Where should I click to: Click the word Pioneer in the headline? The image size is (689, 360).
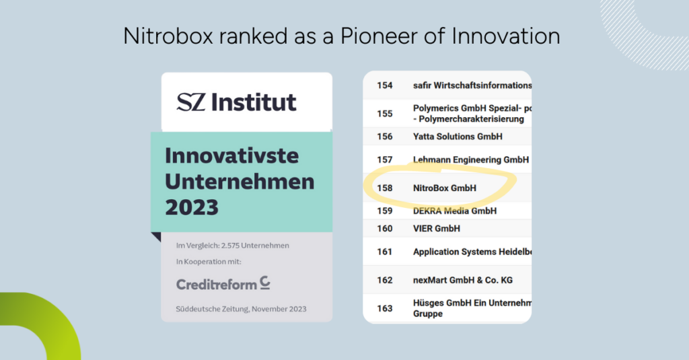[x=379, y=36]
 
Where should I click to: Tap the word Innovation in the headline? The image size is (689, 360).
[x=506, y=36]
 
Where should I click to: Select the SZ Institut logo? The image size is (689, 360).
[x=236, y=102]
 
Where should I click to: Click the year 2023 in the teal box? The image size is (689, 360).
[x=192, y=207]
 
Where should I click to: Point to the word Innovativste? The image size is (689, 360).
[x=232, y=155]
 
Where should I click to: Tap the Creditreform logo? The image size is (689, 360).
[x=223, y=283]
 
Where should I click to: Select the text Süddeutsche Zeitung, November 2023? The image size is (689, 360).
[x=242, y=309]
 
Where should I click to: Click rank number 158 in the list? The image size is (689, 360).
[x=384, y=188]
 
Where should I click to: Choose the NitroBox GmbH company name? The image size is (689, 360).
[x=445, y=188]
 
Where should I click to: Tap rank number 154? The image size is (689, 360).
[x=384, y=85]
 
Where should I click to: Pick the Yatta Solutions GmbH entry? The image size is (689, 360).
[x=458, y=137]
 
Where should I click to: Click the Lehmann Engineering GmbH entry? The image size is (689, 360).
[x=471, y=160]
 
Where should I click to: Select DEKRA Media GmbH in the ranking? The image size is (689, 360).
[x=455, y=211]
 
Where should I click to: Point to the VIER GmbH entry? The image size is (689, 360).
[x=436, y=229]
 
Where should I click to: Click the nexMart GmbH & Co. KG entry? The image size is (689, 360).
[x=463, y=280]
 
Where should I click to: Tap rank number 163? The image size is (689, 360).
[x=384, y=309]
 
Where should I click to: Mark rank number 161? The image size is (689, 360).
[x=384, y=252]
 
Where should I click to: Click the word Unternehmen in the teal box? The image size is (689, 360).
[x=240, y=182]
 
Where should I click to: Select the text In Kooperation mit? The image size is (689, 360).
[x=209, y=262]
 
